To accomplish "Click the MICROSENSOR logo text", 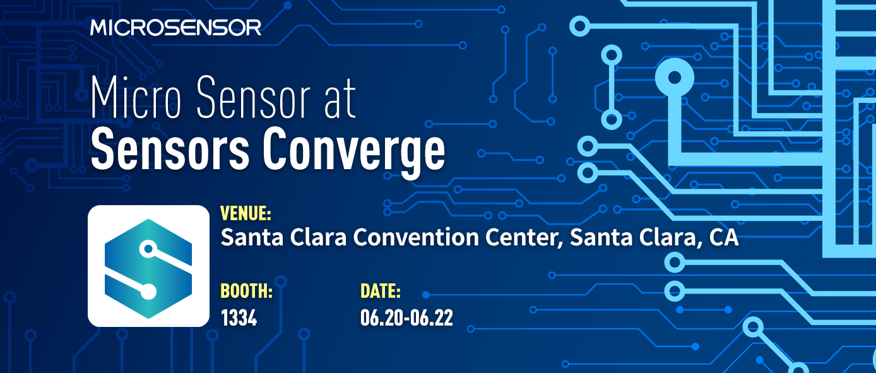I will [175, 27].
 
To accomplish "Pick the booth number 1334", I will [239, 317].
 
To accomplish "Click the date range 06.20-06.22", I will [406, 317].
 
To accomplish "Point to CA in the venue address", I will [724, 238].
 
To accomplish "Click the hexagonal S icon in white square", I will [148, 266].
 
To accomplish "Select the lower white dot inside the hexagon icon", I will [148, 292].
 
